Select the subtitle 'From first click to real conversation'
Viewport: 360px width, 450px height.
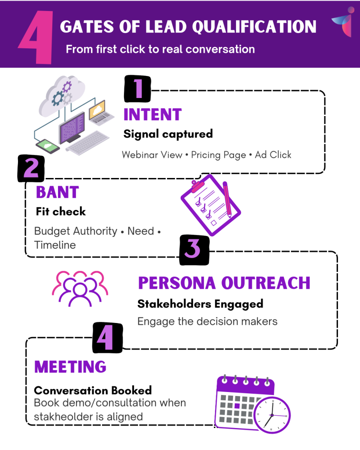(160, 49)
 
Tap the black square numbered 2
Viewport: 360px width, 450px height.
(31, 169)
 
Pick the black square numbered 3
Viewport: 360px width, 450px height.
(194, 250)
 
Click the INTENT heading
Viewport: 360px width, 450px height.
(153, 115)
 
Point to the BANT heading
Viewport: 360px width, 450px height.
(57, 192)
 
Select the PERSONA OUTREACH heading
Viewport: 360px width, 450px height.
(224, 283)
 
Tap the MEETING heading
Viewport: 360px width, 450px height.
(70, 367)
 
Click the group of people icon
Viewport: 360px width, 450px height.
(80, 288)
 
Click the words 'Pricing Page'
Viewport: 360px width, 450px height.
(218, 155)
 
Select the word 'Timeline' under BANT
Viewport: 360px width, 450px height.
(55, 245)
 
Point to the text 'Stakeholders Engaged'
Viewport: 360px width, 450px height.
(200, 304)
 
